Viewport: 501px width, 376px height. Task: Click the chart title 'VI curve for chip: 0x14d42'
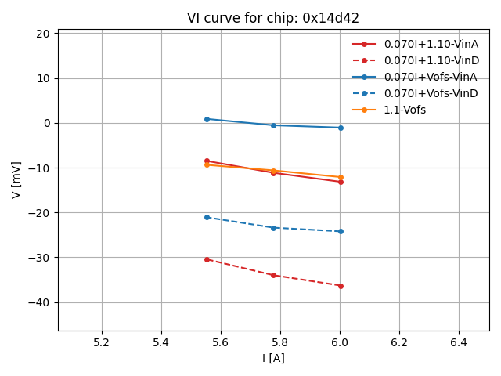(273, 18)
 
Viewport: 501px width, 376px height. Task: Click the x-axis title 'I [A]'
(273, 358)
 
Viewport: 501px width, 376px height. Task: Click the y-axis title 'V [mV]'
(16, 179)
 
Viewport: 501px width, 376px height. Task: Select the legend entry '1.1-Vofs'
(405, 110)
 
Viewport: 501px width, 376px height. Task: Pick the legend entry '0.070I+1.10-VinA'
(431, 44)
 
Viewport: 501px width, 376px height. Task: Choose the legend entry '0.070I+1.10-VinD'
(431, 60)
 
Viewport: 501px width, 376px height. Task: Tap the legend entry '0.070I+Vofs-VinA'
(431, 77)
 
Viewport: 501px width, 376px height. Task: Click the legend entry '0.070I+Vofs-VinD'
(431, 93)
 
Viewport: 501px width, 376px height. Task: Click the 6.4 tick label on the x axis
(459, 342)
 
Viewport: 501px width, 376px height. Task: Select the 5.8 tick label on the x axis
(280, 342)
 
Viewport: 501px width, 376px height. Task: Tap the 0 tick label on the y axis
(47, 123)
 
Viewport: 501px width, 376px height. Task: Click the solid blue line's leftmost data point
(207, 119)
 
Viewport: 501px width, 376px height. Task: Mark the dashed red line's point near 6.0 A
(341, 286)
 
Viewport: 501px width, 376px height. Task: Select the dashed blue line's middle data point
(273, 228)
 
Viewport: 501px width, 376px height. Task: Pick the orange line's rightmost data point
(341, 177)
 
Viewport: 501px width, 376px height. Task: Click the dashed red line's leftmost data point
(207, 259)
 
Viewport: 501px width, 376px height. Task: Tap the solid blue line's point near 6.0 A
(341, 128)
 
